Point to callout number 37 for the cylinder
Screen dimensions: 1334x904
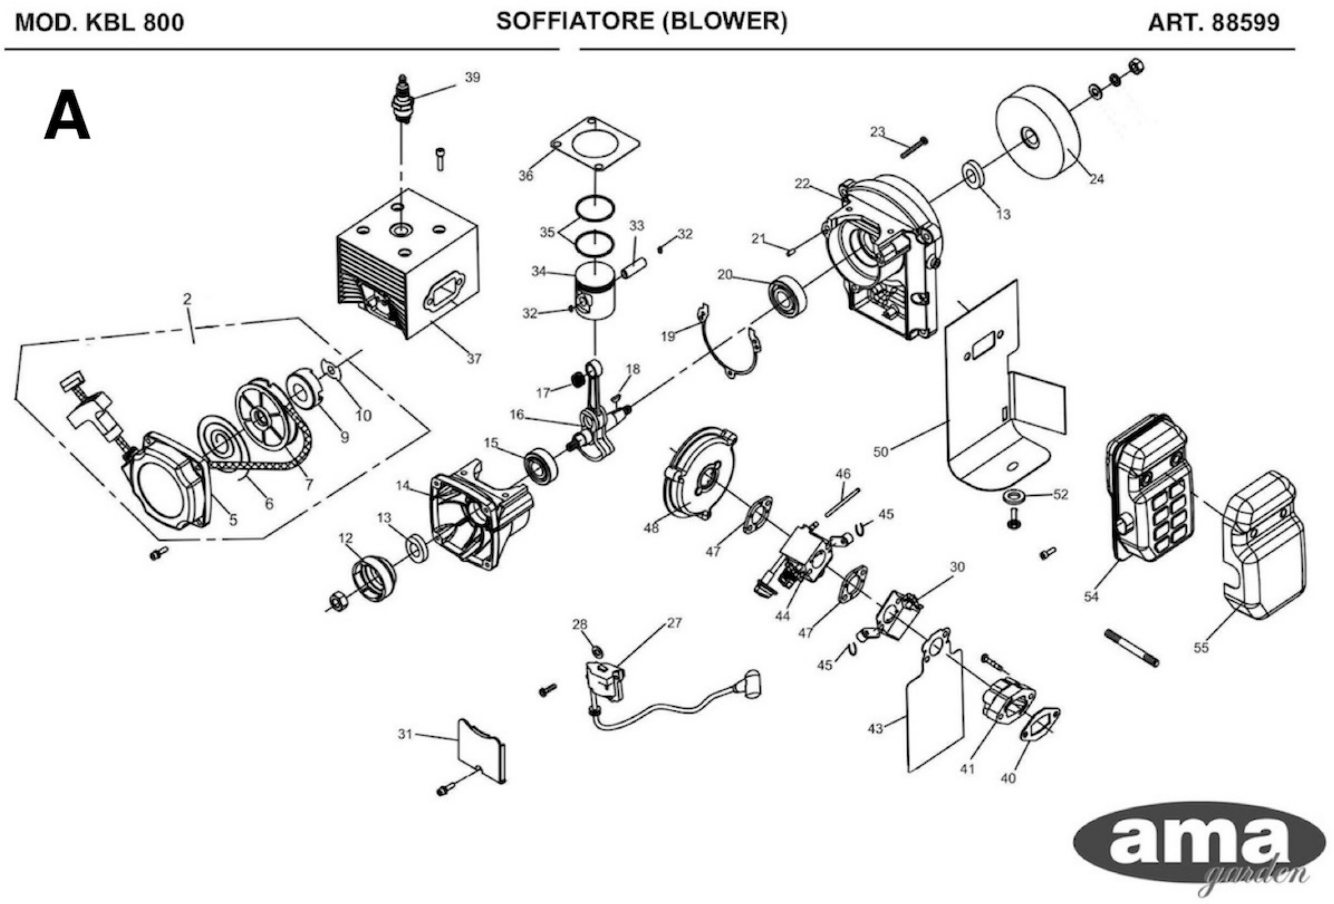[x=474, y=359]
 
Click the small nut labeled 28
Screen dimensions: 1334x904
[x=597, y=651]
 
